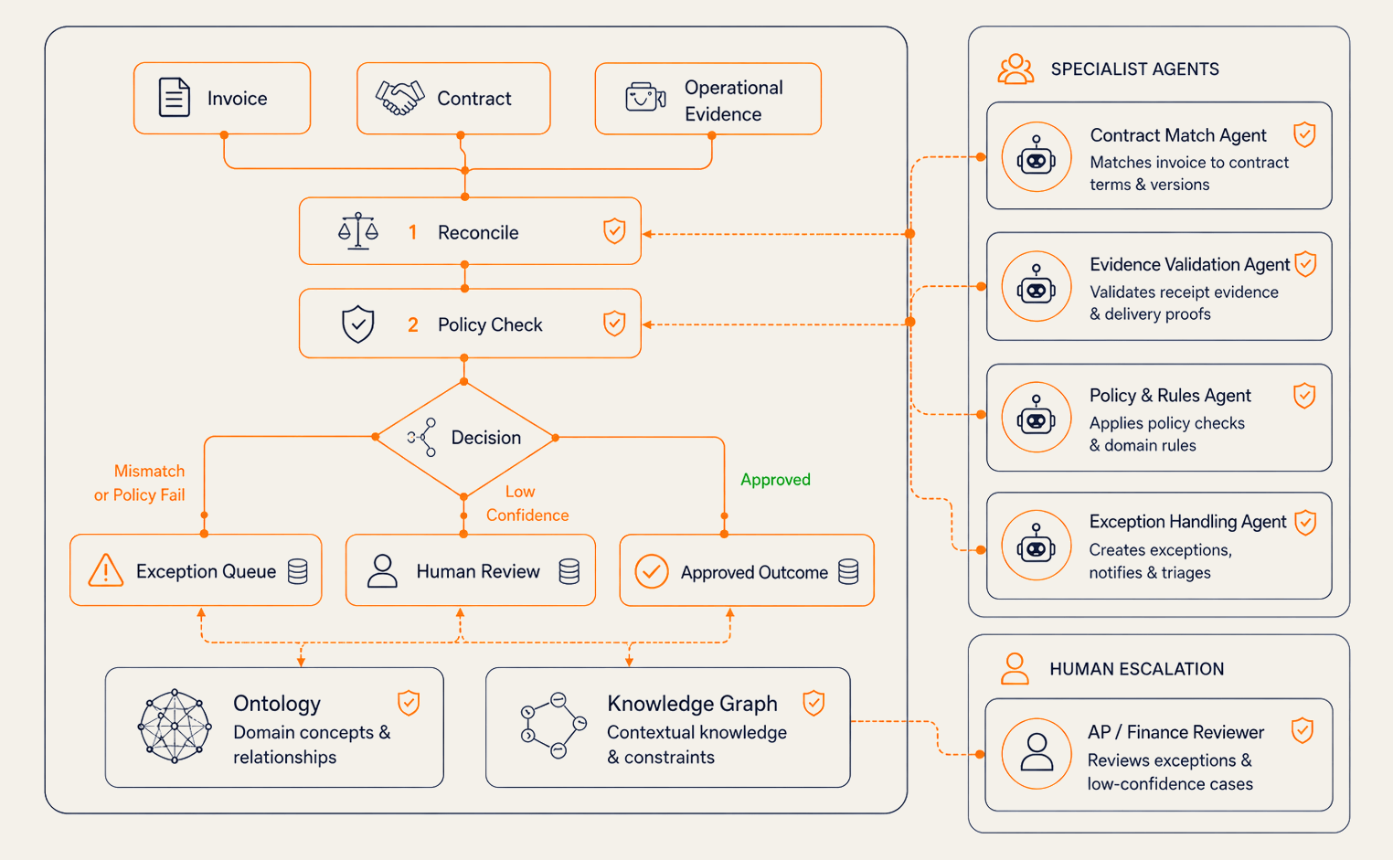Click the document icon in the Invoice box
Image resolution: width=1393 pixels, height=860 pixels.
tap(174, 97)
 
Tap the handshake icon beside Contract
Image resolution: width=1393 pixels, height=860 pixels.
tap(399, 98)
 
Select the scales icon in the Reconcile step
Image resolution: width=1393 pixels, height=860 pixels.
tap(358, 230)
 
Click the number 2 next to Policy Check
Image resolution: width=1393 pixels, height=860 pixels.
tap(413, 324)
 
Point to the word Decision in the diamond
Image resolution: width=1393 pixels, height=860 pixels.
tap(485, 438)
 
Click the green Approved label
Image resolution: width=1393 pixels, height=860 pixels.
tap(775, 480)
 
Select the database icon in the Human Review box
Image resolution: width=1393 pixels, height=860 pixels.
tap(569, 571)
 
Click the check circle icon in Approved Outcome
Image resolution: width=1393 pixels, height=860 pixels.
tap(651, 571)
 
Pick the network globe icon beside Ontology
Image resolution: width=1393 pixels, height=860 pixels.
tap(174, 726)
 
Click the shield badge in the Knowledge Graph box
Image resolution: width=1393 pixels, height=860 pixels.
tap(813, 703)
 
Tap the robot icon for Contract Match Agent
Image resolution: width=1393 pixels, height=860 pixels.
tap(1036, 156)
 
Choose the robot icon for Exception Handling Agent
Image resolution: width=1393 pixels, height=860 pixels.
tap(1036, 545)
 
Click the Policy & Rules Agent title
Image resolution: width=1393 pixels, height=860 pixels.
tap(1170, 396)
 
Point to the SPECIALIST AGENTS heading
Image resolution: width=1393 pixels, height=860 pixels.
tap(1135, 69)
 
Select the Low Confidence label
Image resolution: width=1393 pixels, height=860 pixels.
tap(527, 503)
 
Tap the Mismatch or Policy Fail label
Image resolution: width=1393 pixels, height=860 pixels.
tap(140, 483)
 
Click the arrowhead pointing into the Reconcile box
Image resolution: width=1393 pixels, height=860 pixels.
tap(647, 234)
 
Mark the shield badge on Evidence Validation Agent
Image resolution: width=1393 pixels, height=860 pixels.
tap(1305, 264)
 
